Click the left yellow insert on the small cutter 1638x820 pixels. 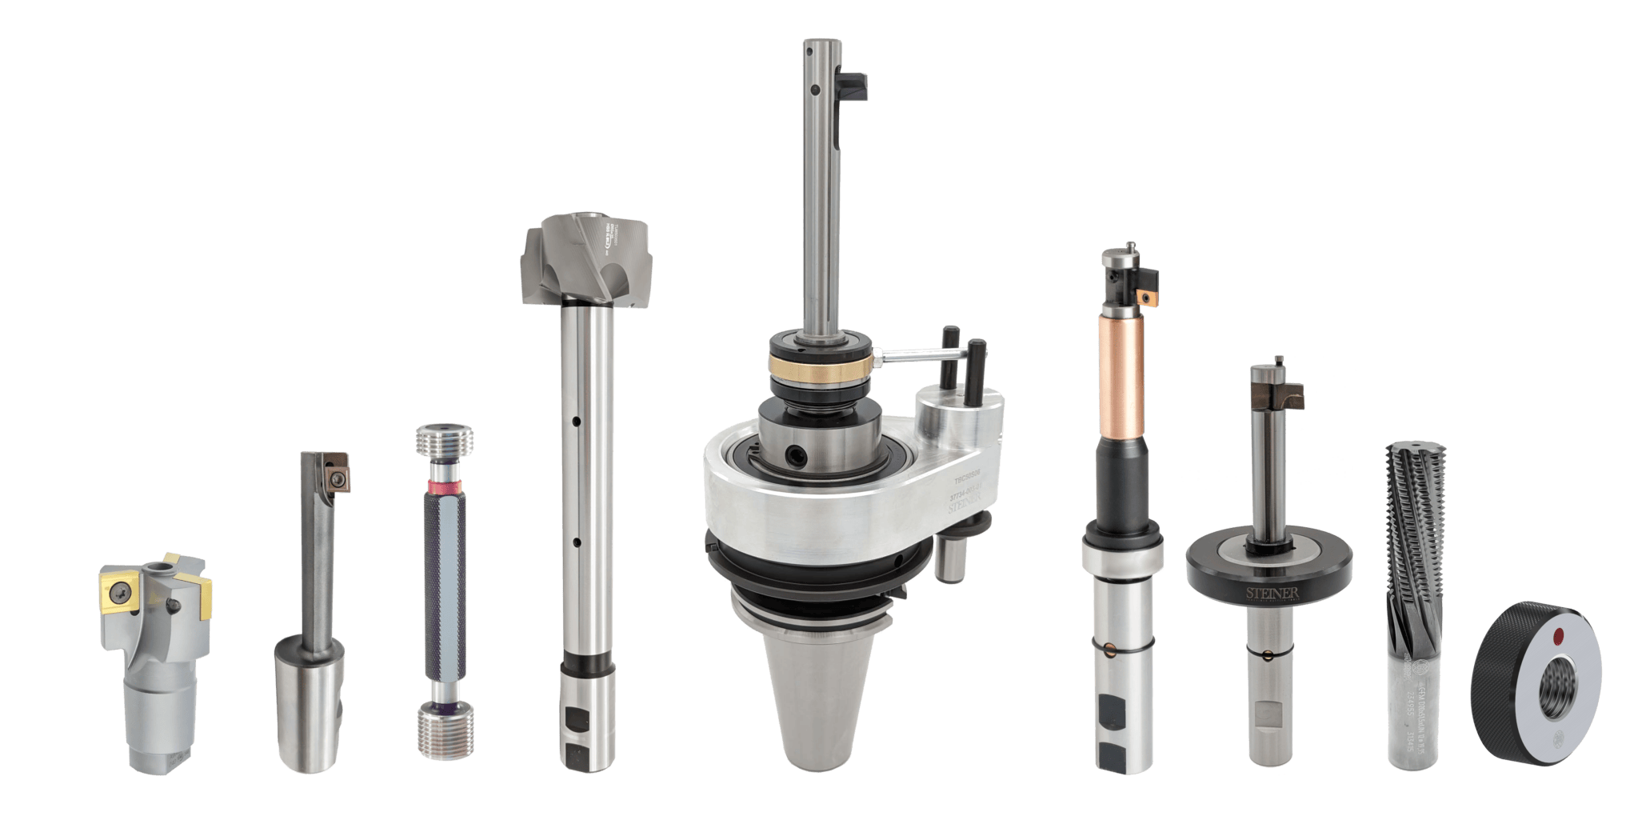point(114,590)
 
